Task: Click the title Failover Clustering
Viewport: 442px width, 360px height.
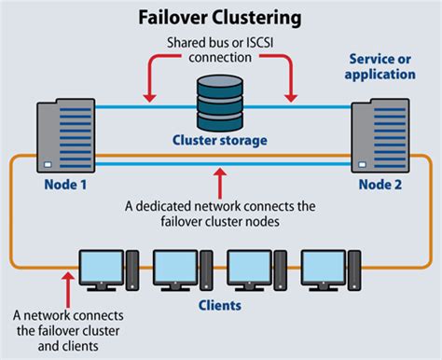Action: pos(220,16)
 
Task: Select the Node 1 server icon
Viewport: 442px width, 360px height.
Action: pos(59,136)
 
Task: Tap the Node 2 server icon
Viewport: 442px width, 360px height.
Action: pos(380,136)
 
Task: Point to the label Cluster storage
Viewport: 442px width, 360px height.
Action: pos(221,141)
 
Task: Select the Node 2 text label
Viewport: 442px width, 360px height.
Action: pos(382,185)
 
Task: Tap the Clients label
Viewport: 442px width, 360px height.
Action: pos(221,304)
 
